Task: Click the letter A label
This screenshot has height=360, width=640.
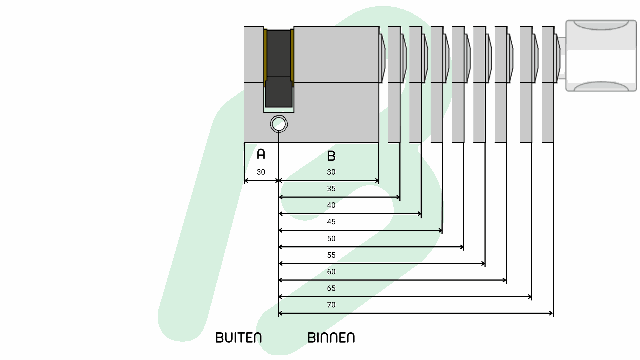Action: pyautogui.click(x=261, y=154)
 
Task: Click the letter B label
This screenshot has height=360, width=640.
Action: pyautogui.click(x=331, y=156)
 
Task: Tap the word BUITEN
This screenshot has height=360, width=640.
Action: pyautogui.click(x=239, y=338)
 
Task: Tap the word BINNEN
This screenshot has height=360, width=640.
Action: pyautogui.click(x=331, y=338)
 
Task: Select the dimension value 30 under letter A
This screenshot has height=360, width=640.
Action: pyautogui.click(x=261, y=172)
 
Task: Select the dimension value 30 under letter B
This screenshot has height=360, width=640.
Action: pyautogui.click(x=331, y=172)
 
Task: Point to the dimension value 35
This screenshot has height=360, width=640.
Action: pyautogui.click(x=331, y=189)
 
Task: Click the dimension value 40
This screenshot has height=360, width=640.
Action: pyautogui.click(x=331, y=205)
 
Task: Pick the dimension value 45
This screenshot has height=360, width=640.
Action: pyautogui.click(x=331, y=222)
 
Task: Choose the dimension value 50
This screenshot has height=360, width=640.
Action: pyautogui.click(x=331, y=239)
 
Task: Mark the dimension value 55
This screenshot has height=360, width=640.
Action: pyautogui.click(x=331, y=255)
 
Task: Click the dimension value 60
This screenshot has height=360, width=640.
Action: pyautogui.click(x=331, y=272)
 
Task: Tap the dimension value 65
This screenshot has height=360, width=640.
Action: pyautogui.click(x=331, y=288)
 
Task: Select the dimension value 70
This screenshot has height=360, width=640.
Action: pyautogui.click(x=331, y=305)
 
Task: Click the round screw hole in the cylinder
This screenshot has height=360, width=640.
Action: pyautogui.click(x=279, y=124)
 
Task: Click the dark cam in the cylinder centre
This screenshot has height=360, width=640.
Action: pyautogui.click(x=279, y=68)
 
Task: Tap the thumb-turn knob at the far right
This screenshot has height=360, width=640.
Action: pyautogui.click(x=601, y=56)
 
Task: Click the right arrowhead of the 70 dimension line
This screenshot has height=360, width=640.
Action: pyautogui.click(x=551, y=313)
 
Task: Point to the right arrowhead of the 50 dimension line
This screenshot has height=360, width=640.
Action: pyautogui.click(x=462, y=247)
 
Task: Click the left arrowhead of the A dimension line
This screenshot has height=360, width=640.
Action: pyautogui.click(x=246, y=181)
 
